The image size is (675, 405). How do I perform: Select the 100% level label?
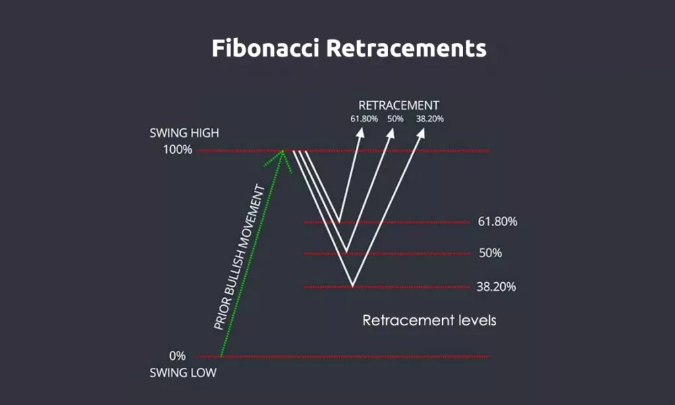pos(178,150)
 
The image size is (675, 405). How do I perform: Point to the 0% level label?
pos(178,356)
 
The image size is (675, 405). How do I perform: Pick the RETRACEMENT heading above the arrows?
pos(398,105)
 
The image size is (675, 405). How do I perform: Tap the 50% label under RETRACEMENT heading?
pos(395,119)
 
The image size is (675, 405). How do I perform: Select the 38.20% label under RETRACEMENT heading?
pos(430,119)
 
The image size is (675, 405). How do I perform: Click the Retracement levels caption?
pos(429,320)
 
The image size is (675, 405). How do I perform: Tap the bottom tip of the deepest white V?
pos(352,286)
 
